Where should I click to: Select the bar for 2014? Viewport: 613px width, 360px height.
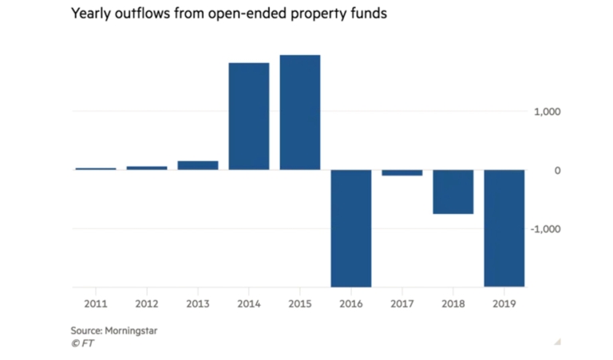(x=249, y=116)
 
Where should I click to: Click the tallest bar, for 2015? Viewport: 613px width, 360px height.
(x=300, y=113)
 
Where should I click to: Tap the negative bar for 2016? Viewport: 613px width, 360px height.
(x=351, y=228)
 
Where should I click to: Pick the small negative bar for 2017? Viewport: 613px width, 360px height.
(x=402, y=172)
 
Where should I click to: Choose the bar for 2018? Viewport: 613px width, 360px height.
(x=453, y=192)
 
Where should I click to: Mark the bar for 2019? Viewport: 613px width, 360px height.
(x=504, y=228)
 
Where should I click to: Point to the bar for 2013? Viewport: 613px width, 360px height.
(x=198, y=165)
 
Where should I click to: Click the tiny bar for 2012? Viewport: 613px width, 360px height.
(x=147, y=168)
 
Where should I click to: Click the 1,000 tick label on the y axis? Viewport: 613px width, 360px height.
(x=548, y=112)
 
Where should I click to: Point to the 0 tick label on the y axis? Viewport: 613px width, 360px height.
(x=557, y=170)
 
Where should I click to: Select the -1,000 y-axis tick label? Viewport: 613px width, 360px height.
(x=546, y=229)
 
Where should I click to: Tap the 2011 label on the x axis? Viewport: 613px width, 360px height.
(x=96, y=303)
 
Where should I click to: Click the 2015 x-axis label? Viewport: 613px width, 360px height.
(x=300, y=303)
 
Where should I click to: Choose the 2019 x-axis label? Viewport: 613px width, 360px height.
(x=504, y=303)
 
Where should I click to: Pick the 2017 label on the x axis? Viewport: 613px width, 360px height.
(x=402, y=303)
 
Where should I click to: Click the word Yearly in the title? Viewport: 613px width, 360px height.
(x=93, y=15)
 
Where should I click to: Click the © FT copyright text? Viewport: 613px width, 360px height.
(x=82, y=343)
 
